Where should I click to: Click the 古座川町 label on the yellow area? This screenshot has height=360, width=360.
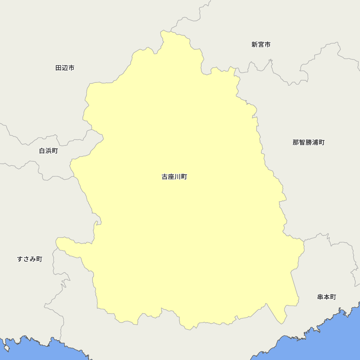pos(174,177)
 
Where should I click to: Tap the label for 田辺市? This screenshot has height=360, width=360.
pos(65,68)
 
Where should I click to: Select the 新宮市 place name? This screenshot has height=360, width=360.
pos(261,45)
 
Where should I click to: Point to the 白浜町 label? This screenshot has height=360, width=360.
pos(48,151)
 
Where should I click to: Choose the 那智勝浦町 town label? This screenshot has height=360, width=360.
pos(309,143)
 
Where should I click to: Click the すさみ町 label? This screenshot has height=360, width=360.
pos(30,259)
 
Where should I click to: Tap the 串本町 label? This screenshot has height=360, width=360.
pos(327,297)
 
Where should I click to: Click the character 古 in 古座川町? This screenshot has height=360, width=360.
pos(165,177)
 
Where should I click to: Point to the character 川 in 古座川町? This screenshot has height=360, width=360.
pos(177,177)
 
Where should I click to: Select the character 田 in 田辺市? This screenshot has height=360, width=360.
pos(58,68)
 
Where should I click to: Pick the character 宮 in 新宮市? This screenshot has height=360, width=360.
pos(261,45)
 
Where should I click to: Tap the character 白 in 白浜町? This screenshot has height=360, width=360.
pos(42,151)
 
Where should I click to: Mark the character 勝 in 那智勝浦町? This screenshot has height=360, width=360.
pos(309,143)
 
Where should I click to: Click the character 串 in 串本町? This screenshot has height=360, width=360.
pos(320,297)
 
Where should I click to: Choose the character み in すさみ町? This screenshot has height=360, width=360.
pos(33,259)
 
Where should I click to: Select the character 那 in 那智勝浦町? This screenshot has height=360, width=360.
pos(296,143)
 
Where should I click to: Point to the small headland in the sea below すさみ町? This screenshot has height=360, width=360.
pos(6,348)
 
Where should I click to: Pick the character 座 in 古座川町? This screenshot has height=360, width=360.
pos(171,177)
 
